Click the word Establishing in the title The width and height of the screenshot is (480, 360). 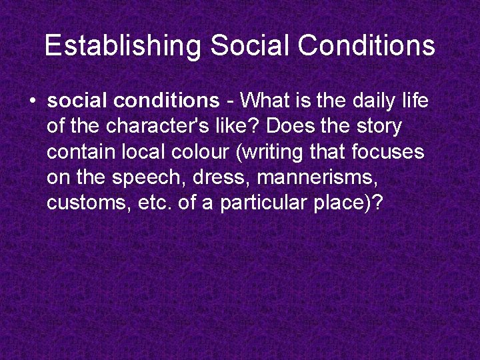pyautogui.click(x=122, y=46)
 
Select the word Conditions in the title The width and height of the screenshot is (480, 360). pyautogui.click(x=367, y=46)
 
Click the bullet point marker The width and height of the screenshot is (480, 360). pyautogui.click(x=33, y=101)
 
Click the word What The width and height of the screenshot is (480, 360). pyautogui.click(x=265, y=101)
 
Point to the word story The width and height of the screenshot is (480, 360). pyautogui.click(x=377, y=127)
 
